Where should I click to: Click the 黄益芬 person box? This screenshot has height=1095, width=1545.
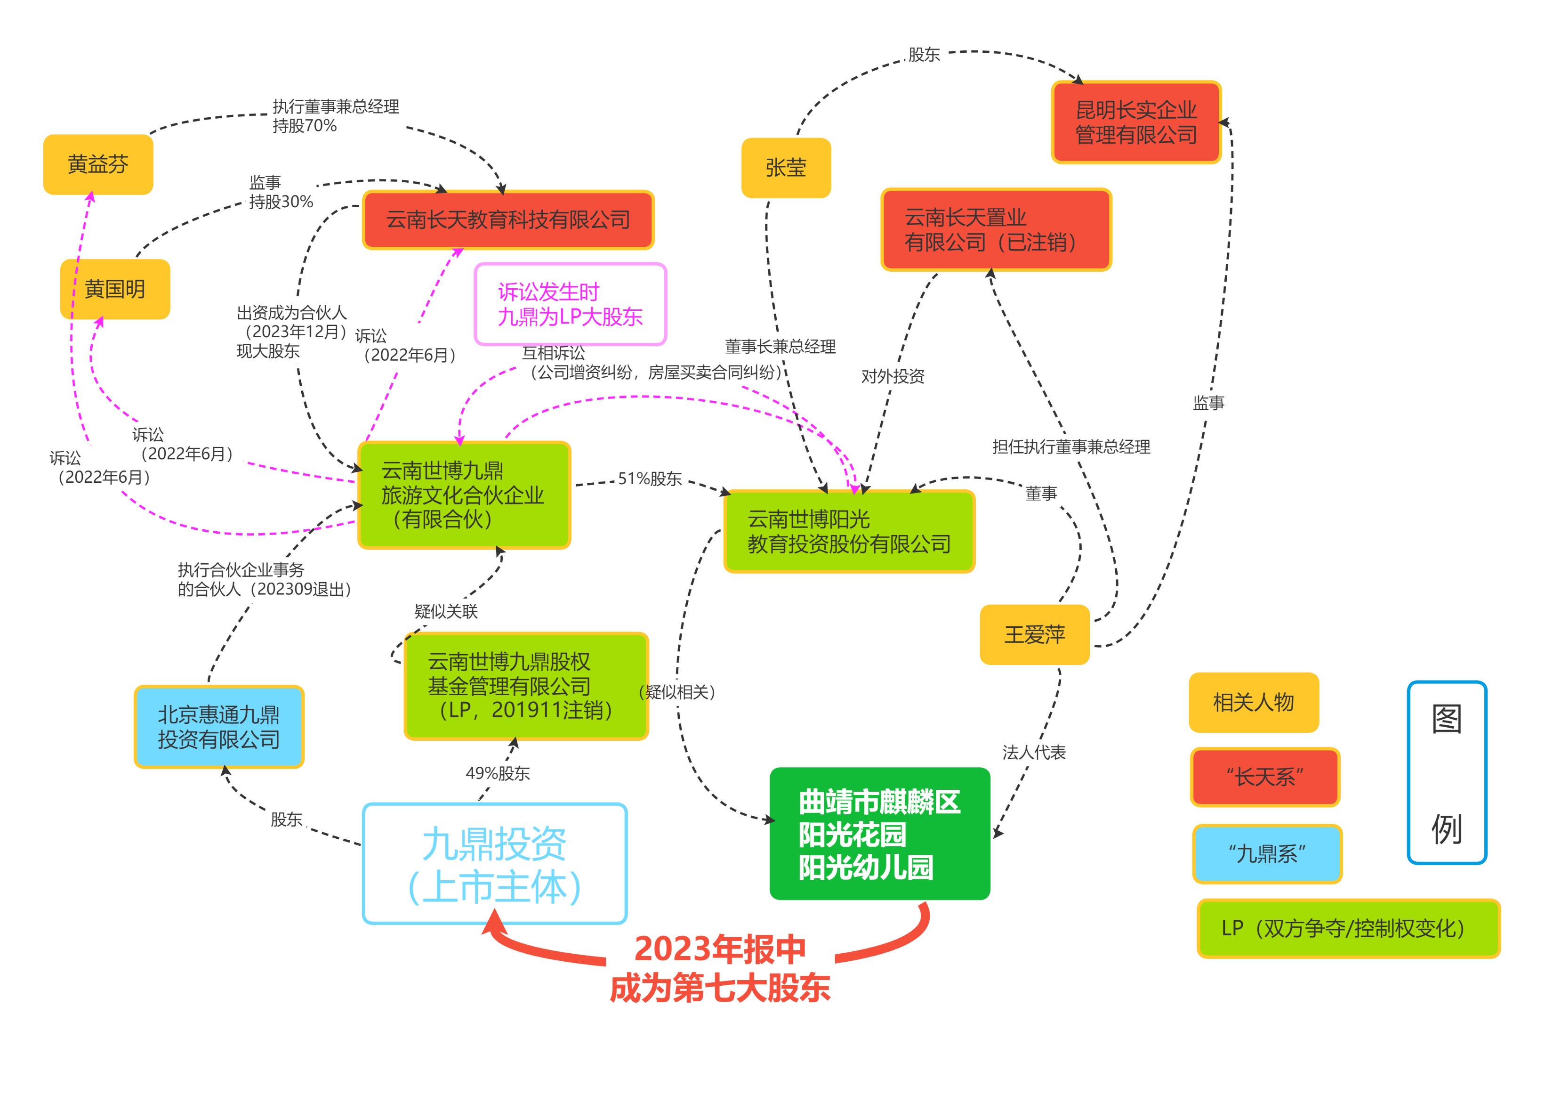tap(98, 164)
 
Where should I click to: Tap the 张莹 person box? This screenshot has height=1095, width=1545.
tap(786, 168)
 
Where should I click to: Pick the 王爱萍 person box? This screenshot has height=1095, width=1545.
tap(1034, 634)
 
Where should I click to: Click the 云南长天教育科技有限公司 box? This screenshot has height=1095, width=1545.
tap(508, 220)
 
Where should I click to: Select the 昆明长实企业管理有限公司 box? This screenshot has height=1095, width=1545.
tap(1136, 122)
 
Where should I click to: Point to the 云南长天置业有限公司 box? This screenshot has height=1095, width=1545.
tap(996, 230)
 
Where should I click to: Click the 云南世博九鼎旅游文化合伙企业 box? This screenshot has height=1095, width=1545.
tap(464, 495)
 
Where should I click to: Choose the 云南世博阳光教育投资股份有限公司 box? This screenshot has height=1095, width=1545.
tap(849, 531)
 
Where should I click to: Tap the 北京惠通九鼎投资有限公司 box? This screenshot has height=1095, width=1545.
tap(219, 727)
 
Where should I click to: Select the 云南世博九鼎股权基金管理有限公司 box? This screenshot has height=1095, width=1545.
tap(525, 686)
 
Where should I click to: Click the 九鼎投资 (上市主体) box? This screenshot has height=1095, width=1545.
tap(495, 864)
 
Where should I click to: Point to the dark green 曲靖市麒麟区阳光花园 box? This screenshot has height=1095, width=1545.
tap(879, 834)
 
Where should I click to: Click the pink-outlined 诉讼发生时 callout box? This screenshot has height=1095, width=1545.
tap(570, 304)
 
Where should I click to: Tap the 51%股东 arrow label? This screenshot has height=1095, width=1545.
tap(650, 479)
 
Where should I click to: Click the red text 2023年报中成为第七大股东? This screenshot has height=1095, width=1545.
tap(720, 968)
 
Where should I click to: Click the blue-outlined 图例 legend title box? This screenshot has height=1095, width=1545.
tap(1447, 773)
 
